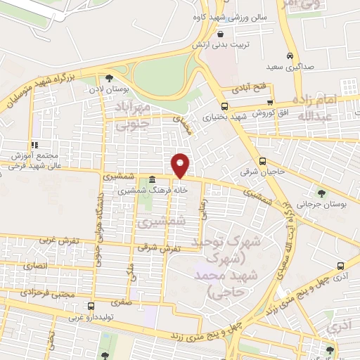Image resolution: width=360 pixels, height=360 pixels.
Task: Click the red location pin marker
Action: (181, 165)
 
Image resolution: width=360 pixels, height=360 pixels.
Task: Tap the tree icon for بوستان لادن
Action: (108, 78)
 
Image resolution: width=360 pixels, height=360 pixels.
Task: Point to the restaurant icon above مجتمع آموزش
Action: (33, 145)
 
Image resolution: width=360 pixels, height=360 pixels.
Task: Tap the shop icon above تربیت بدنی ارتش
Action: (221, 34)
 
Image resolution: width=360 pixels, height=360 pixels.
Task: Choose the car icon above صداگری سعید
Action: (290, 56)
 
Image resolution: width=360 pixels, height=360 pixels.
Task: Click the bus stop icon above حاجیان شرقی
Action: (262, 160)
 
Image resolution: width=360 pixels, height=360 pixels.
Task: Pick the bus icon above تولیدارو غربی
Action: (90, 306)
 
